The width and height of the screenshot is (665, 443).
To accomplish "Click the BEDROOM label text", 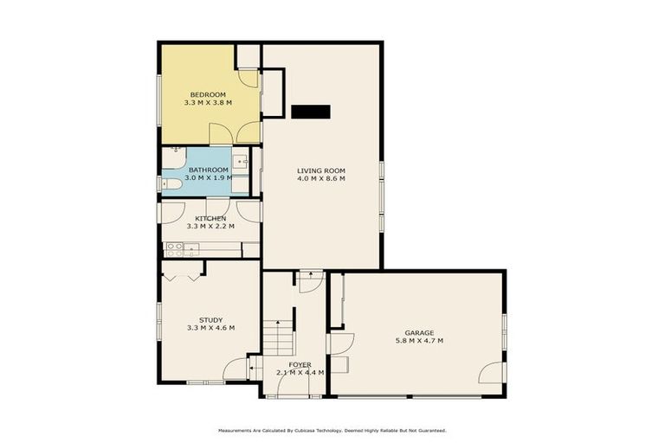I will point(208,94).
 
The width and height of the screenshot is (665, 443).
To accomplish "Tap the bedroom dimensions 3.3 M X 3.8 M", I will point(208,103).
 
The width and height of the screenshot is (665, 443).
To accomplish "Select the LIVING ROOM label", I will point(321,171).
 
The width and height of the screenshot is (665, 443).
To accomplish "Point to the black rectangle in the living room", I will point(311,111).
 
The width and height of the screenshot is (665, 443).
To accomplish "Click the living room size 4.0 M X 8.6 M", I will point(321,180).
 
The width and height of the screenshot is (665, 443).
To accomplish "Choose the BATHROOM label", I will point(209,170).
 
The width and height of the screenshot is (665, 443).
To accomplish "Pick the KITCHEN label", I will point(210,218).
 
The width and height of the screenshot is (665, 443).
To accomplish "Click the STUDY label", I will point(210,319).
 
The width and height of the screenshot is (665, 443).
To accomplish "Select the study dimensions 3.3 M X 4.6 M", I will point(210,328).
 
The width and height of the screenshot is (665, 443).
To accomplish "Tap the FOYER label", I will point(300,364).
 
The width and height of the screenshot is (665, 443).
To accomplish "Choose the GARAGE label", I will point(418,332).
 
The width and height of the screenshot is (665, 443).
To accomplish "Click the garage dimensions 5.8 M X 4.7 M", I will point(418,341).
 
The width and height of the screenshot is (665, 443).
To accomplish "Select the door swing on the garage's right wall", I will point(493,373).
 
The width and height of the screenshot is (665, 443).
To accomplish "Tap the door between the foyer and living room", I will point(310,281).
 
